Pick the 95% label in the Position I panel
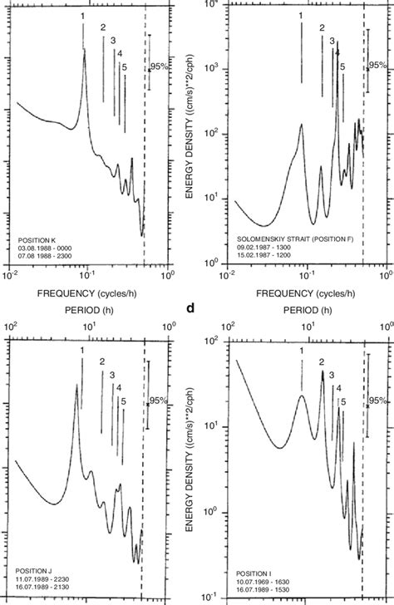379,401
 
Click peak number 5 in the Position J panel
123,401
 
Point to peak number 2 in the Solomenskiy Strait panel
322,29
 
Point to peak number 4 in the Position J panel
119,387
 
